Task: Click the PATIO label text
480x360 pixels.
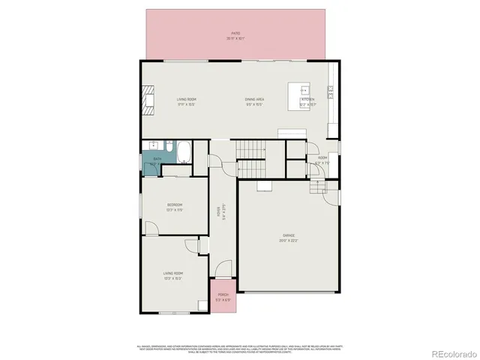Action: [235, 35]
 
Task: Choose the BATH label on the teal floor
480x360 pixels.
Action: [157, 160]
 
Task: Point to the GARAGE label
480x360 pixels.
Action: [288, 238]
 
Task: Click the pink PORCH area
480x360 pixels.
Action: [223, 296]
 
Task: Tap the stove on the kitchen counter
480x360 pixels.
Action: [331, 91]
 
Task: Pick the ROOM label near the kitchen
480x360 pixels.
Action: [322, 159]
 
